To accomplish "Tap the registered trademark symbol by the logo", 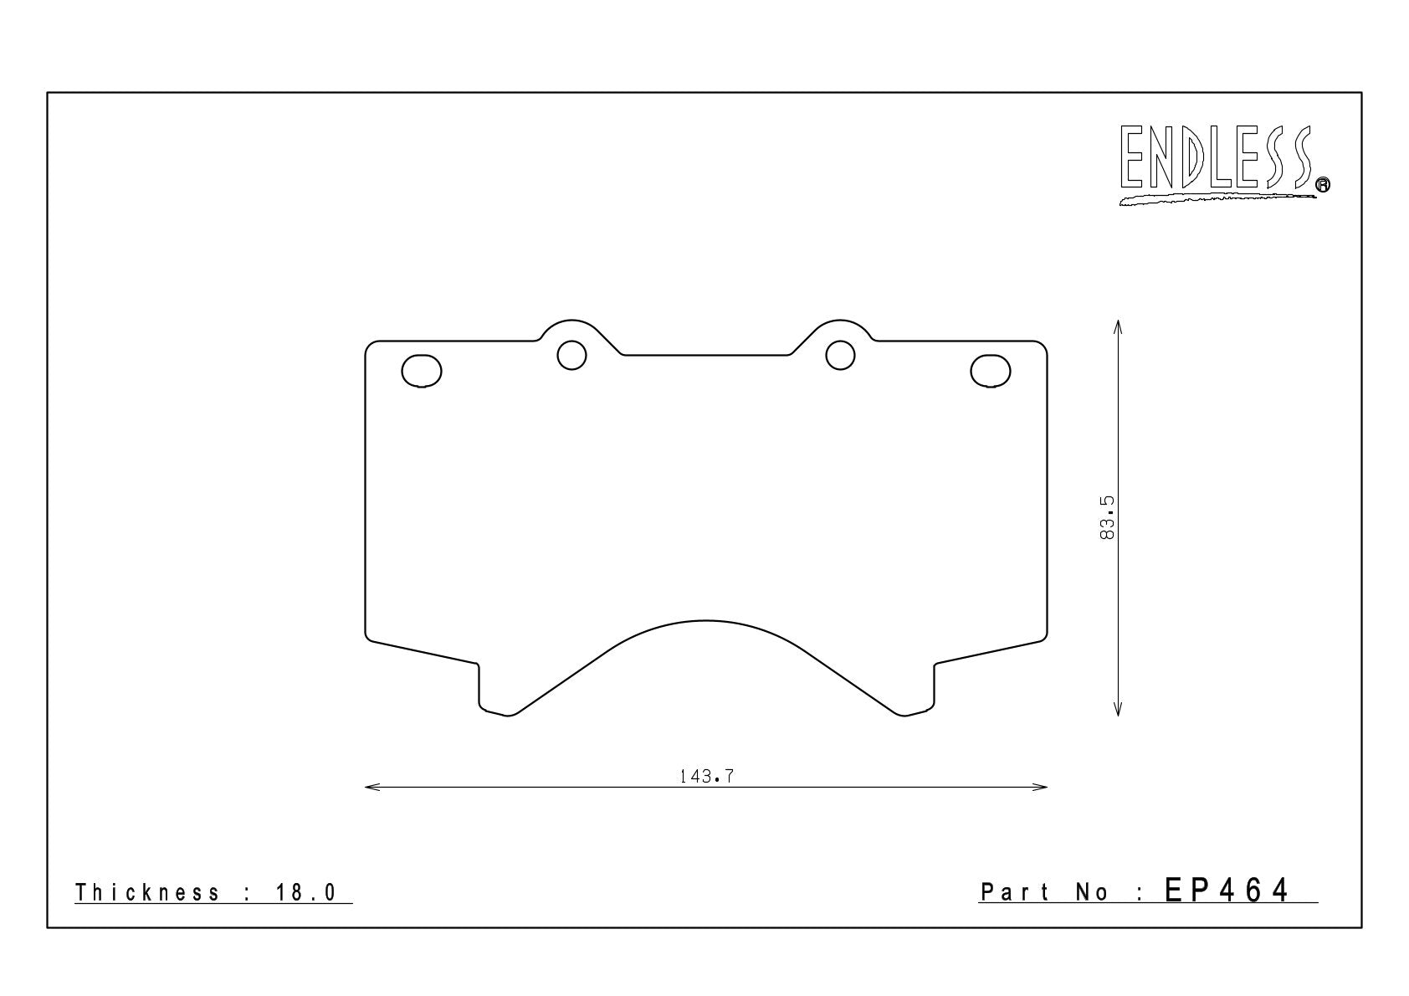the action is coord(1322,184).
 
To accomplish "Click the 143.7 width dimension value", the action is coord(706,777).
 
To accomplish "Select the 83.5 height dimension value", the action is coord(1107,517).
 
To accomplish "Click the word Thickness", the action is coord(148,892).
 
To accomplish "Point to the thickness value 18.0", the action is coord(306,892).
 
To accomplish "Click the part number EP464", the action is coord(1226,891).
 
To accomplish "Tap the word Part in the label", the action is coord(1015,891).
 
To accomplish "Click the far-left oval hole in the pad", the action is coord(422,371).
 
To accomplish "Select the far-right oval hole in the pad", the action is coord(991,371).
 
